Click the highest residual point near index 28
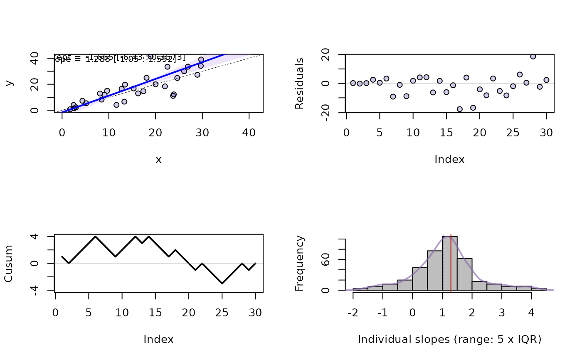[x=533, y=57]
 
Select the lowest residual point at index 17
[x=460, y=109]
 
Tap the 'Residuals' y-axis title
[x=299, y=84]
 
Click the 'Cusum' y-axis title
[x=9, y=264]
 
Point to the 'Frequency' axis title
[x=299, y=263]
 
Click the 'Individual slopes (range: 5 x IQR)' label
[x=449, y=340]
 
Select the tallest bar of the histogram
[x=450, y=263]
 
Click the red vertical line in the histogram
[x=451, y=266]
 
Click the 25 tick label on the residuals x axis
[x=513, y=133]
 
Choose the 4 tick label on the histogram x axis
[x=531, y=312]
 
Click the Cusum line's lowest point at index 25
[x=222, y=284]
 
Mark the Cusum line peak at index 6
[x=96, y=237]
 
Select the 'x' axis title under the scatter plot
[x=158, y=160]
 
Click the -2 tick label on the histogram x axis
[x=353, y=312]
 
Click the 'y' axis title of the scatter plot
[x=9, y=83]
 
